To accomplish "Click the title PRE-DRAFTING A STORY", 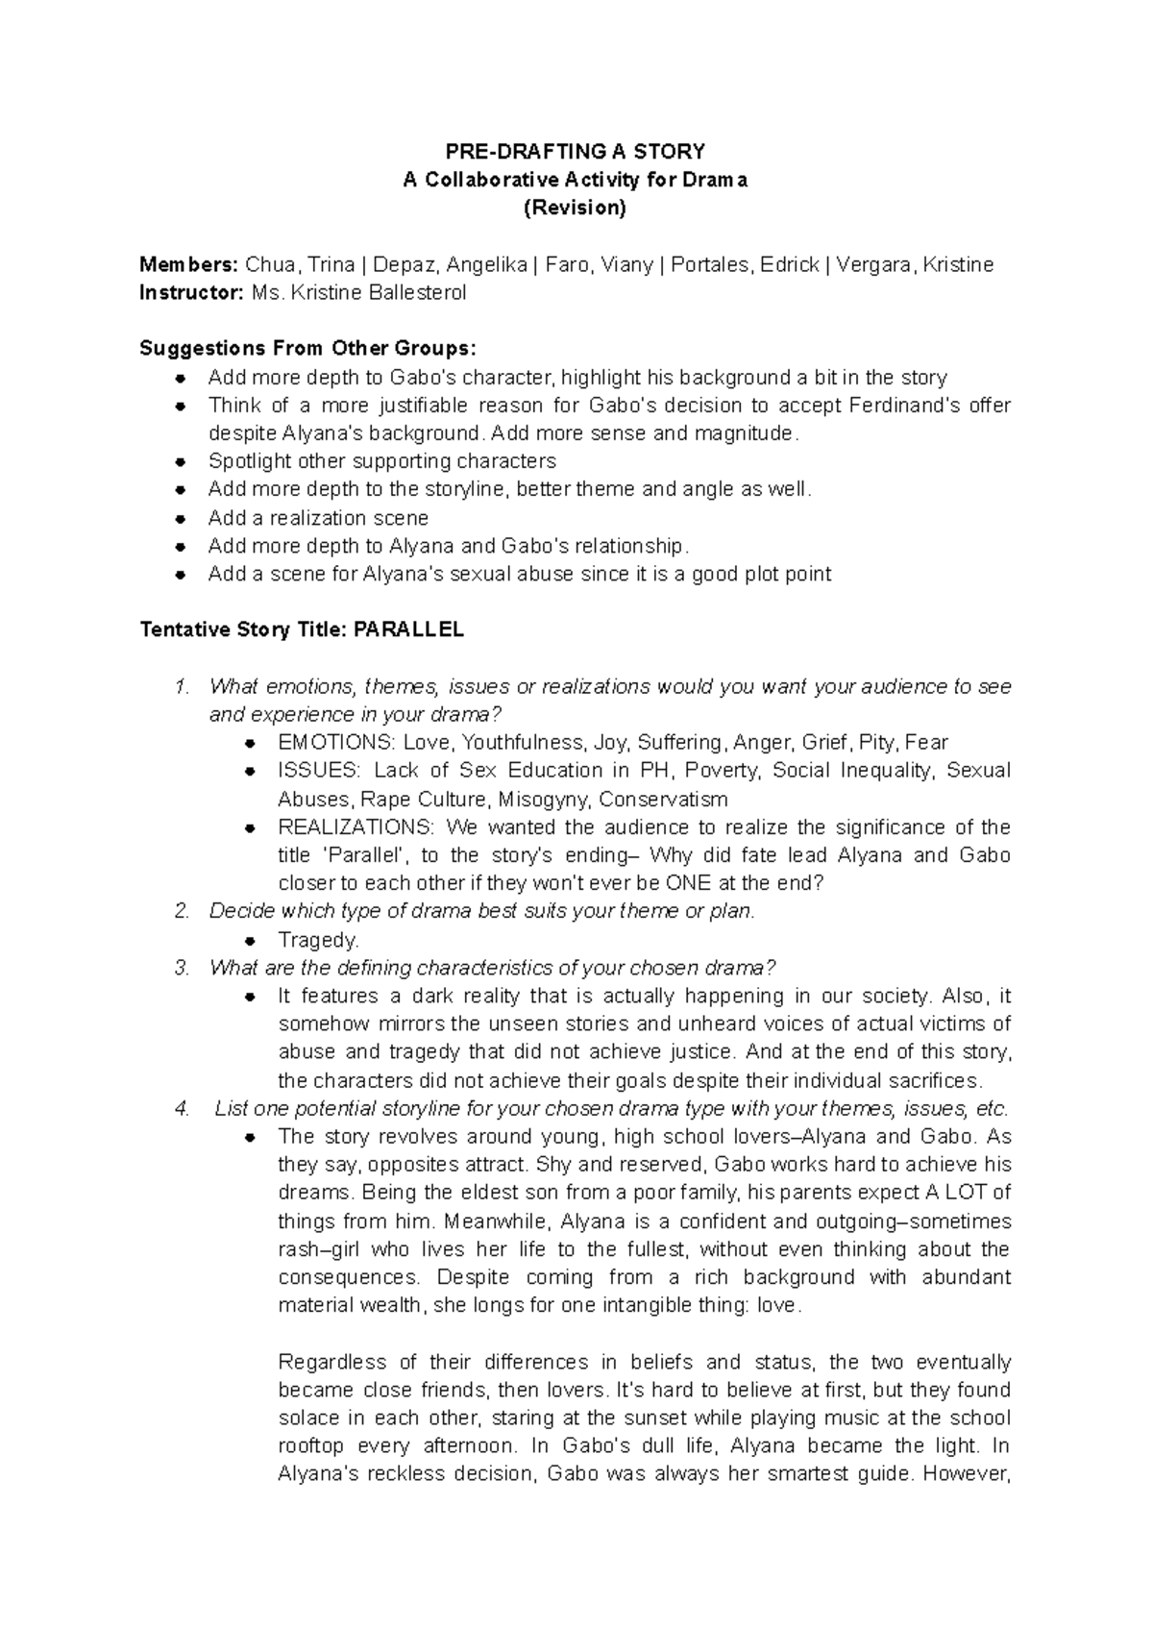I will (575, 152).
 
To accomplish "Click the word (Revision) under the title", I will (575, 208).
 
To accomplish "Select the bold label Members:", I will (188, 264).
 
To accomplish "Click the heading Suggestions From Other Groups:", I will (307, 348).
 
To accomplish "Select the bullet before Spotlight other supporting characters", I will (180, 461).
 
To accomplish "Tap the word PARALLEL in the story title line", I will (409, 630).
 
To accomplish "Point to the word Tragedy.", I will (318, 940).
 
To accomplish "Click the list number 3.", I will (183, 968).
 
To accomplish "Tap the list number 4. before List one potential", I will (183, 1109).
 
